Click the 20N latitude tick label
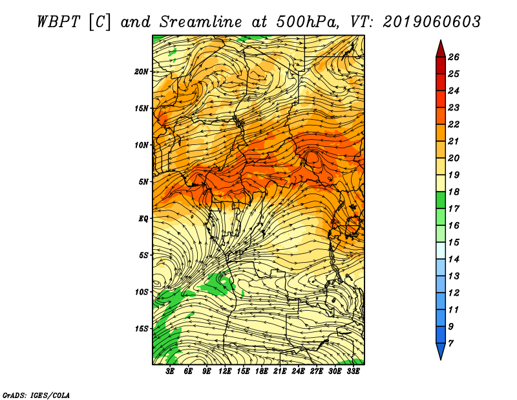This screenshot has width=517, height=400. [x=142, y=71]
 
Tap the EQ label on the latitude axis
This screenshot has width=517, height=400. [x=143, y=218]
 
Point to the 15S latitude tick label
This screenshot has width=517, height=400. [x=142, y=328]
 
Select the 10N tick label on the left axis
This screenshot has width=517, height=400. [x=142, y=145]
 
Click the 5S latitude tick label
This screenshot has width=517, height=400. [x=143, y=255]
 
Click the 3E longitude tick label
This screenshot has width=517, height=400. [x=170, y=372]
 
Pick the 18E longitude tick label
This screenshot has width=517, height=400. [x=261, y=372]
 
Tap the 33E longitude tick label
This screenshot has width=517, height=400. [x=353, y=372]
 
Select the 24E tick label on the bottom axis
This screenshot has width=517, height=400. [x=298, y=372]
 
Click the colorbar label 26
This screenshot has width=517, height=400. [x=454, y=57]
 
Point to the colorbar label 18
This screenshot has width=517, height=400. [x=454, y=192]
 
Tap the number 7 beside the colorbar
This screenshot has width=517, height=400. [x=450, y=344]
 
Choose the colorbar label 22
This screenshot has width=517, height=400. [x=454, y=124]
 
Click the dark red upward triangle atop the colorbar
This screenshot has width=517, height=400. [x=441, y=49]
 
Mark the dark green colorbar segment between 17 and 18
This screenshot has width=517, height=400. [x=441, y=200]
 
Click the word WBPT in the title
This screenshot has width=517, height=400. [x=58, y=22]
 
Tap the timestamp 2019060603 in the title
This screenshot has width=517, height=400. [x=432, y=22]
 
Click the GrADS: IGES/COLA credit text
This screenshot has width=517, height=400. [x=36, y=395]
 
